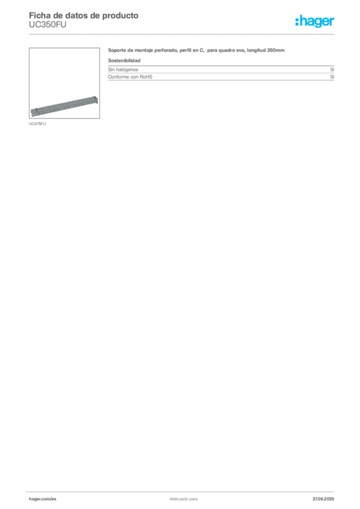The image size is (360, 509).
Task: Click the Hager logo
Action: tap(315, 21)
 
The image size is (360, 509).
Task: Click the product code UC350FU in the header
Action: tap(48, 25)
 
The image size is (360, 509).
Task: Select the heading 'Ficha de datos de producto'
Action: tap(84, 15)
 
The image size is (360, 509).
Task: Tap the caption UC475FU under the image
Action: tap(37, 124)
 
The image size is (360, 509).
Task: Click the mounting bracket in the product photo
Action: tap(64, 106)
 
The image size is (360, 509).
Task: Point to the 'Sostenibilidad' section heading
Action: tap(124, 60)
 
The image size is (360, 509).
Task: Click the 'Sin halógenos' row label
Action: tap(123, 70)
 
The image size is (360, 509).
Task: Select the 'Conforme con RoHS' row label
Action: tap(130, 77)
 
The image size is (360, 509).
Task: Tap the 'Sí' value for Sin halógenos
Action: tap(332, 70)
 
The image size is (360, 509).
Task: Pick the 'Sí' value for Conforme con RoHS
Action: tap(332, 77)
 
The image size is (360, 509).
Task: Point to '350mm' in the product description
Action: tap(276, 50)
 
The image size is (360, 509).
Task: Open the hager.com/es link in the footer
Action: tap(43, 499)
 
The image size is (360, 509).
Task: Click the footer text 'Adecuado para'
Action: tap(183, 499)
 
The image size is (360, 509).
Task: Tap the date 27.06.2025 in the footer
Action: tap(323, 499)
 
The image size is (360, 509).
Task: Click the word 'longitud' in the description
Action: tap(257, 50)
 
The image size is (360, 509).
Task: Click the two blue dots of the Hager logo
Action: tap(297, 21)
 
